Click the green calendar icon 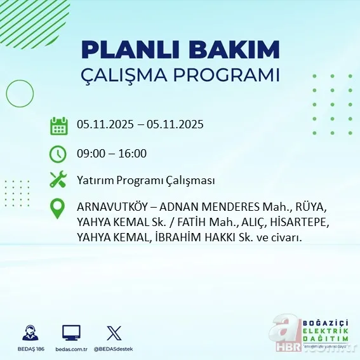click(x=58, y=125)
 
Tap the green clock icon click(x=58, y=154)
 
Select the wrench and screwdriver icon click(x=58, y=180)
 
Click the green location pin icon click(x=58, y=209)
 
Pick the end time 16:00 click(x=133, y=154)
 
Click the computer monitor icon click(x=71, y=333)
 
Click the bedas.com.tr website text click(x=71, y=349)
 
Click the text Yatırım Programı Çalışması click(x=145, y=181)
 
